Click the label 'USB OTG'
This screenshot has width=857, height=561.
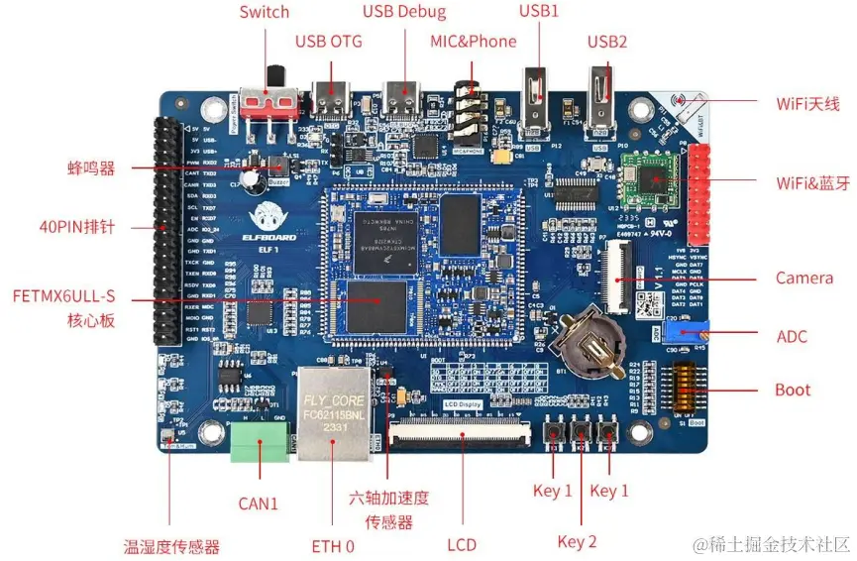(329, 41)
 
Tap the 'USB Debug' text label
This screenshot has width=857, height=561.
(404, 12)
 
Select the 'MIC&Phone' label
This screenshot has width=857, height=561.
(473, 41)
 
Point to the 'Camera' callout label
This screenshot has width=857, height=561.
(803, 278)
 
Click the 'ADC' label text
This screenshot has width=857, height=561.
(792, 337)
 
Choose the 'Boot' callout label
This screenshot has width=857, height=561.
(793, 390)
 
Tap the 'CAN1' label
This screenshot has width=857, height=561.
(259, 504)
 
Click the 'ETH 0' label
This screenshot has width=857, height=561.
(333, 546)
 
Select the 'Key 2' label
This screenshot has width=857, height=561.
(578, 541)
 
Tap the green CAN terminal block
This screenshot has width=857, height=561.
(260, 445)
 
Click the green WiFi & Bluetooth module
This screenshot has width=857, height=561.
(647, 178)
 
